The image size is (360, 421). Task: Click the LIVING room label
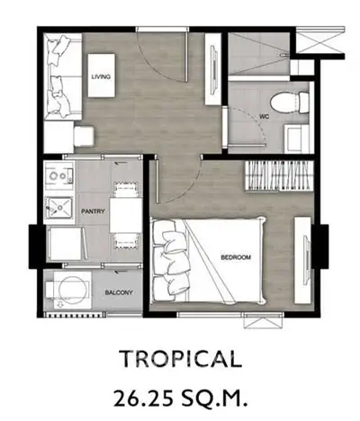click(100, 77)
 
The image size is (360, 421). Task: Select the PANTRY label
click(94, 212)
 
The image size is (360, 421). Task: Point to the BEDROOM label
click(236, 258)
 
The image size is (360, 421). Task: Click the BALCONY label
click(117, 292)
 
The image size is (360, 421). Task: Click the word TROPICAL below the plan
click(180, 360)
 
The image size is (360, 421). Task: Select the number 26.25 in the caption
click(145, 396)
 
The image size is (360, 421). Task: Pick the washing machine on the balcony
click(65, 290)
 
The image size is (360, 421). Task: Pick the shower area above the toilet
click(258, 54)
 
